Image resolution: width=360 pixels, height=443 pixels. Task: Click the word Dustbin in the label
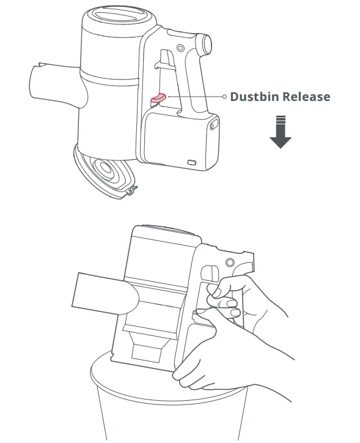coord(255,97)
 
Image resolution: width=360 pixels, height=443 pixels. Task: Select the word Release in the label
coord(306,97)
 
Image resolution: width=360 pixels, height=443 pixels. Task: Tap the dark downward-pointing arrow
coord(281,132)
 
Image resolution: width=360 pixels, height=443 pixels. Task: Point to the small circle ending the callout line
coord(224,97)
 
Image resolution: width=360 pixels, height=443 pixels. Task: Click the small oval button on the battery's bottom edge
coord(192,162)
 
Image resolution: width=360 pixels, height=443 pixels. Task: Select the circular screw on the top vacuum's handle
coord(180,48)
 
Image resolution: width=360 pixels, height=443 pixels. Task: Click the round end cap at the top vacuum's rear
coord(207,44)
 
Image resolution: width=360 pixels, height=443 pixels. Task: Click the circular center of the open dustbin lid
coord(106,168)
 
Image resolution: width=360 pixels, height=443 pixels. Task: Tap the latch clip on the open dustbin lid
coord(131,191)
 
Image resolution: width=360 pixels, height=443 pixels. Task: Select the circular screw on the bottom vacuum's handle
coord(230,262)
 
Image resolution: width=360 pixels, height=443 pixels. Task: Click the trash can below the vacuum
coord(169,401)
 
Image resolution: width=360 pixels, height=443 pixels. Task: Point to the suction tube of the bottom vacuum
coord(105,294)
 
